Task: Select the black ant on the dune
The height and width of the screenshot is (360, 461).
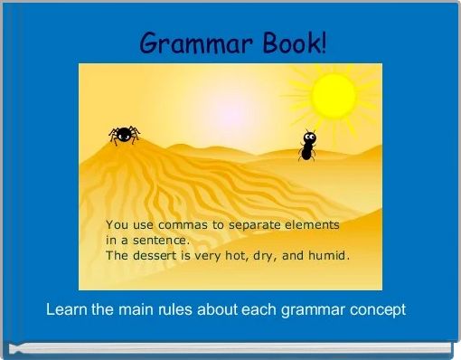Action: tap(308, 146)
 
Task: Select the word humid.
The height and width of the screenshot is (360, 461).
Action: tap(329, 256)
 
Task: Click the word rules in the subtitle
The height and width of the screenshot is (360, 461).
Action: tap(181, 309)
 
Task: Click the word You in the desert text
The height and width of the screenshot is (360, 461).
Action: tap(117, 223)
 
